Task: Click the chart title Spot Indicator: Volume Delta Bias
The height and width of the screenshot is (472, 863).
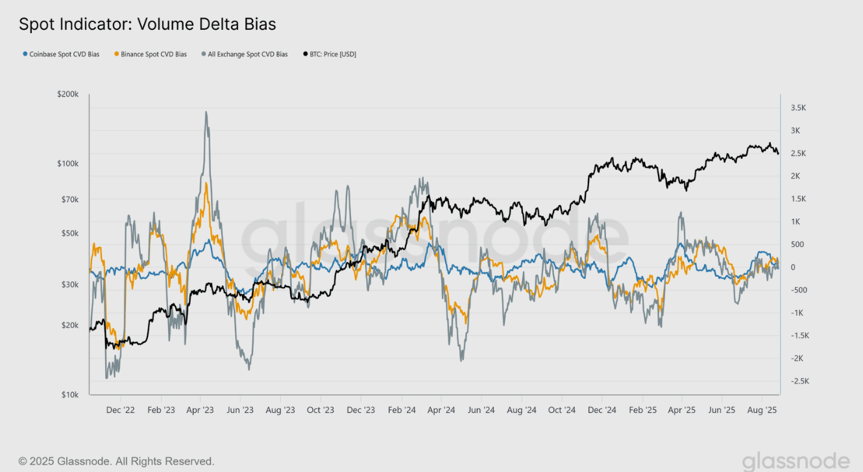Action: pyautogui.click(x=147, y=25)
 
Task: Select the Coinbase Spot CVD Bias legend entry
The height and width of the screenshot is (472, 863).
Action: pyautogui.click(x=61, y=54)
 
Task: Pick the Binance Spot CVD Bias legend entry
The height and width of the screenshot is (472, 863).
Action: pyautogui.click(x=150, y=54)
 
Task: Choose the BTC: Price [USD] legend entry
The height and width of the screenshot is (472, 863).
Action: pyautogui.click(x=330, y=54)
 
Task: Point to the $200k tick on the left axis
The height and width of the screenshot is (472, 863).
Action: pyautogui.click(x=67, y=95)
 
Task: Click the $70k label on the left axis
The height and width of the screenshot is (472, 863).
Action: pyautogui.click(x=69, y=199)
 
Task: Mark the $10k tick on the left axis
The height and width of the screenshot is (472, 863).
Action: pyautogui.click(x=69, y=395)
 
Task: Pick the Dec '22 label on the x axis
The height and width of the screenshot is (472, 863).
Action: pyautogui.click(x=121, y=410)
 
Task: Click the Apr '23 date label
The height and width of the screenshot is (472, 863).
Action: pyautogui.click(x=201, y=410)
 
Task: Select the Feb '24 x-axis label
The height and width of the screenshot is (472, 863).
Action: pyautogui.click(x=402, y=410)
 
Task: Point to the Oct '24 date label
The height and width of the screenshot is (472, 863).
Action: pyautogui.click(x=562, y=410)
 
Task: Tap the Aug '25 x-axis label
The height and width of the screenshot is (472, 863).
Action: pyautogui.click(x=763, y=410)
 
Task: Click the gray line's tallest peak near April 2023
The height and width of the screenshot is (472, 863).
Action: pyautogui.click(x=206, y=112)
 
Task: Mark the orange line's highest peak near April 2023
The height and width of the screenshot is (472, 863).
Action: pyautogui.click(x=206, y=183)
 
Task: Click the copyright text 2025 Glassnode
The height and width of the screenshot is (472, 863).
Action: pyautogui.click(x=116, y=461)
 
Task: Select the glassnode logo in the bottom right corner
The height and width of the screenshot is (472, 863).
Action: pyautogui.click(x=796, y=461)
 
